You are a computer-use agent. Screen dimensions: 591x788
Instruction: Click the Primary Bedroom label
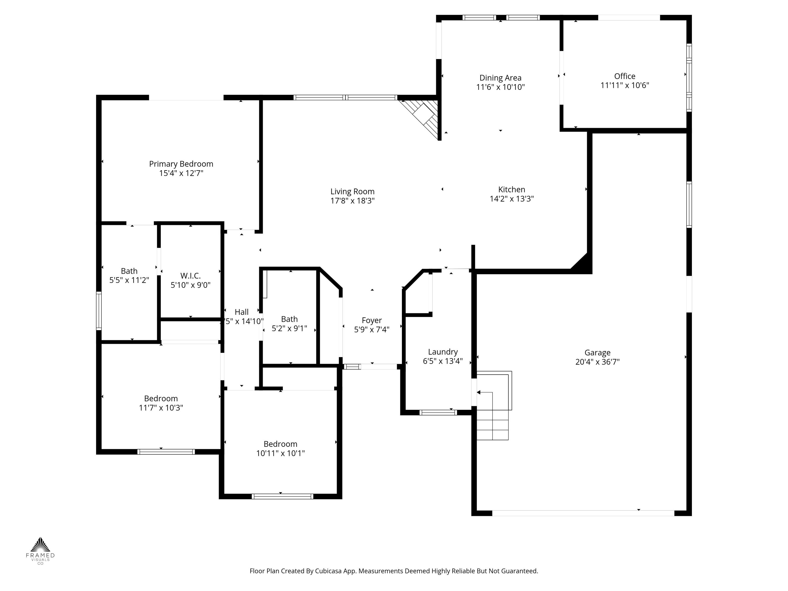pos(181,164)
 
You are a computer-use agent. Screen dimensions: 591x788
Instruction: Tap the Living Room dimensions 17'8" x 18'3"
pos(352,201)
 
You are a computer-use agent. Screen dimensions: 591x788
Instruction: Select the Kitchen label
pos(512,190)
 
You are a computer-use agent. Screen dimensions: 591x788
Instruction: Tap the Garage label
pos(597,352)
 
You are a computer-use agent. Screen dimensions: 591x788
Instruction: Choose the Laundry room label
pos(443,352)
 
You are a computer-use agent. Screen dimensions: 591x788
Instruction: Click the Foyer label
pos(372,320)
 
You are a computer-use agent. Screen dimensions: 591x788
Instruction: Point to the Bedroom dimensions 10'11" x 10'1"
pos(280,453)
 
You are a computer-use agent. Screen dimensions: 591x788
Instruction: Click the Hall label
pos(242,312)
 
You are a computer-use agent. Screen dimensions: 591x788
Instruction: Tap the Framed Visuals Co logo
pos(40,550)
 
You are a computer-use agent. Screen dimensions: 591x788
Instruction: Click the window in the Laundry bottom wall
pos(438,413)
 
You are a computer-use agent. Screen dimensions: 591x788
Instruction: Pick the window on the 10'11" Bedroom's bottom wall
pos(282,496)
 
